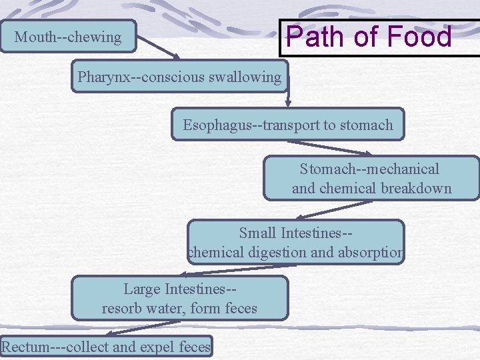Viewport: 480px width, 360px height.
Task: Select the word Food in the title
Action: click(x=420, y=36)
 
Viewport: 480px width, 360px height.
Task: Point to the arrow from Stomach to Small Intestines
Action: click(x=333, y=209)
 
